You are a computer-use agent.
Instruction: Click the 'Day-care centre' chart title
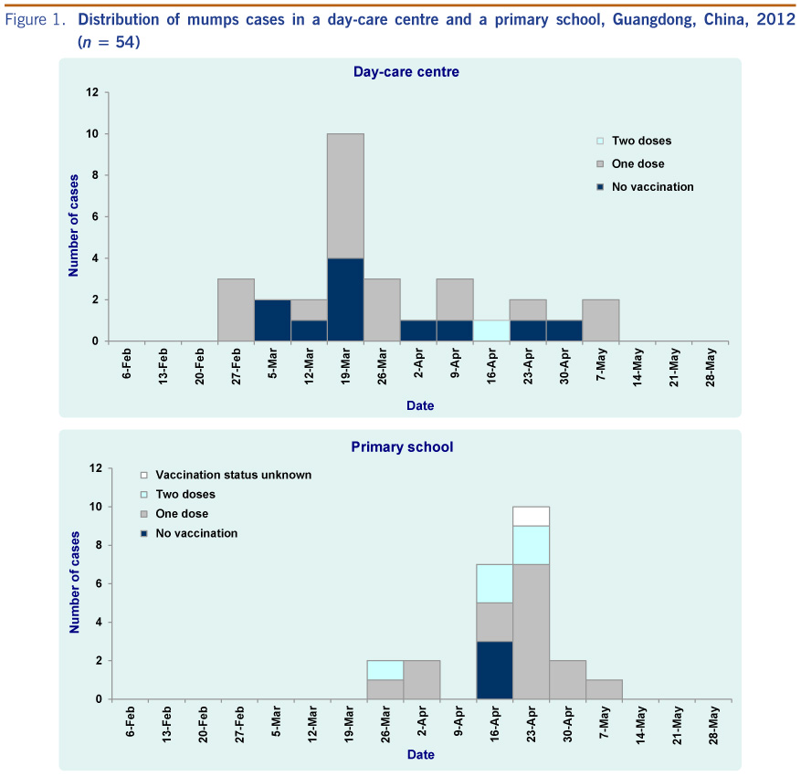click(x=406, y=71)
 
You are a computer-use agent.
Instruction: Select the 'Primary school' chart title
click(x=402, y=447)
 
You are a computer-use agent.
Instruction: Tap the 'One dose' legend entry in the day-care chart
click(x=638, y=163)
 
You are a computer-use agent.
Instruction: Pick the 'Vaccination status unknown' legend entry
click(x=233, y=475)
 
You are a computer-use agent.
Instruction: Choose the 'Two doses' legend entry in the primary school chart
click(x=185, y=494)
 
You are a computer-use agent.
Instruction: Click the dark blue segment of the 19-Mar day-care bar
click(x=345, y=299)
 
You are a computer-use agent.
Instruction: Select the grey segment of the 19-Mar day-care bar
click(x=345, y=195)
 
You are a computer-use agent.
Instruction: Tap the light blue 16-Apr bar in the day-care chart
click(x=491, y=330)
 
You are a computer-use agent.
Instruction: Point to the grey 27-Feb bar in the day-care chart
click(x=236, y=309)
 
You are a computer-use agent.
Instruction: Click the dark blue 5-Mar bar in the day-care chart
click(x=272, y=320)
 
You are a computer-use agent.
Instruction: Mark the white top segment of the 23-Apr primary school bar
click(x=531, y=516)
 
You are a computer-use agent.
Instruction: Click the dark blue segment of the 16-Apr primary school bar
click(x=494, y=670)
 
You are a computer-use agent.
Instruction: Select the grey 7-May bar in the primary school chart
click(x=604, y=689)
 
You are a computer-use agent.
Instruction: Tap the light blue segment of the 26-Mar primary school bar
click(x=385, y=670)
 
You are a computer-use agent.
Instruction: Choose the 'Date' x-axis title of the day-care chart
click(x=421, y=405)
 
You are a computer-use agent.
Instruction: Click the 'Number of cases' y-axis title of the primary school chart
click(x=75, y=583)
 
